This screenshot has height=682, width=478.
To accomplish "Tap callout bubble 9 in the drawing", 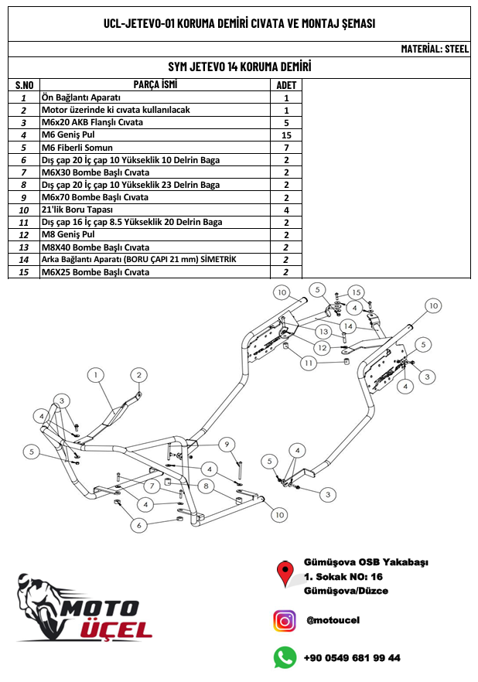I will pyautogui.click(x=227, y=444).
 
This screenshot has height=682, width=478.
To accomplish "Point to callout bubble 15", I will pyautogui.click(x=355, y=292).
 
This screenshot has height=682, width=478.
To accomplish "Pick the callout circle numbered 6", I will pyautogui.click(x=138, y=525).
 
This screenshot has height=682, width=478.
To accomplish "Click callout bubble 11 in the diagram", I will pyautogui.click(x=309, y=362).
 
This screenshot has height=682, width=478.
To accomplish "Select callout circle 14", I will pyautogui.click(x=347, y=326).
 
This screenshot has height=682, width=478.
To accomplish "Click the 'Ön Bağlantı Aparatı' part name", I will pyautogui.click(x=81, y=98).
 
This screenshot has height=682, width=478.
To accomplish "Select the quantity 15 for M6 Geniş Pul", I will pyautogui.click(x=286, y=135).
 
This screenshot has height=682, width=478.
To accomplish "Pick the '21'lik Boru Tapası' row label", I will pyautogui.click(x=77, y=210).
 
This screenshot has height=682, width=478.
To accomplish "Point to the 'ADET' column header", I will pyautogui.click(x=286, y=85).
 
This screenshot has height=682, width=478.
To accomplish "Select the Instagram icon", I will pyautogui.click(x=285, y=620).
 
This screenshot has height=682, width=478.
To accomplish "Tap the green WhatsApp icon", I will pyautogui.click(x=285, y=657).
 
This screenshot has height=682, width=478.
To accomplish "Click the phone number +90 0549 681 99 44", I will pyautogui.click(x=353, y=658).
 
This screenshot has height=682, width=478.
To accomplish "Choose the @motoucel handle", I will pyautogui.click(x=333, y=620).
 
